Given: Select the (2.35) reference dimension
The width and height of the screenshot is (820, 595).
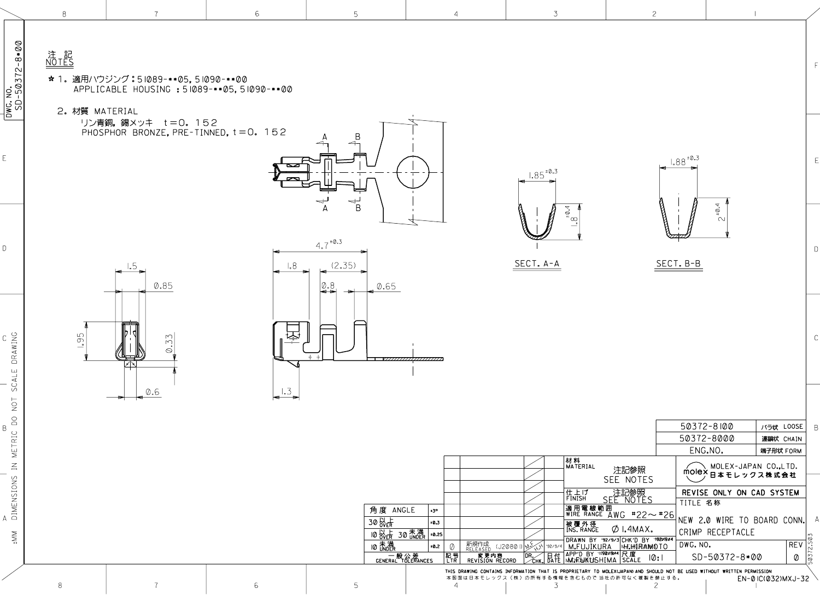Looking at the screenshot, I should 343,266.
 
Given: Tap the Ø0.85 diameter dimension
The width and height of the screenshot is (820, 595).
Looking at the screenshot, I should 163,285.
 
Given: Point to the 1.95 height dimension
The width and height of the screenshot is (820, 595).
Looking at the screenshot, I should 80,340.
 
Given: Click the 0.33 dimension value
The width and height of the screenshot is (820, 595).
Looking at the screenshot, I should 169,343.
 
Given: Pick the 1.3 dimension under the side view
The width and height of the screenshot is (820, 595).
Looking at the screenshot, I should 286,392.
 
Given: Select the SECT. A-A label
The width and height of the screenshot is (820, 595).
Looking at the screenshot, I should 537,264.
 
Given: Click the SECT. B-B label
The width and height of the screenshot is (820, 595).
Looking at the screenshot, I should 678,264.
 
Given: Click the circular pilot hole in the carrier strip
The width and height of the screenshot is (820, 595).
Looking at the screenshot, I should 413,173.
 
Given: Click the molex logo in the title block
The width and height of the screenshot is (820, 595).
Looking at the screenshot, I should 694,471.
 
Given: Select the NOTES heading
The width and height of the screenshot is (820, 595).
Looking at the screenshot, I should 60,62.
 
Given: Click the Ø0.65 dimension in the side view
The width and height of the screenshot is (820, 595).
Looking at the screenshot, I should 386,287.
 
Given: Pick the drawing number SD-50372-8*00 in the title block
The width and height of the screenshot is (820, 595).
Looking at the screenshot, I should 727,557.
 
